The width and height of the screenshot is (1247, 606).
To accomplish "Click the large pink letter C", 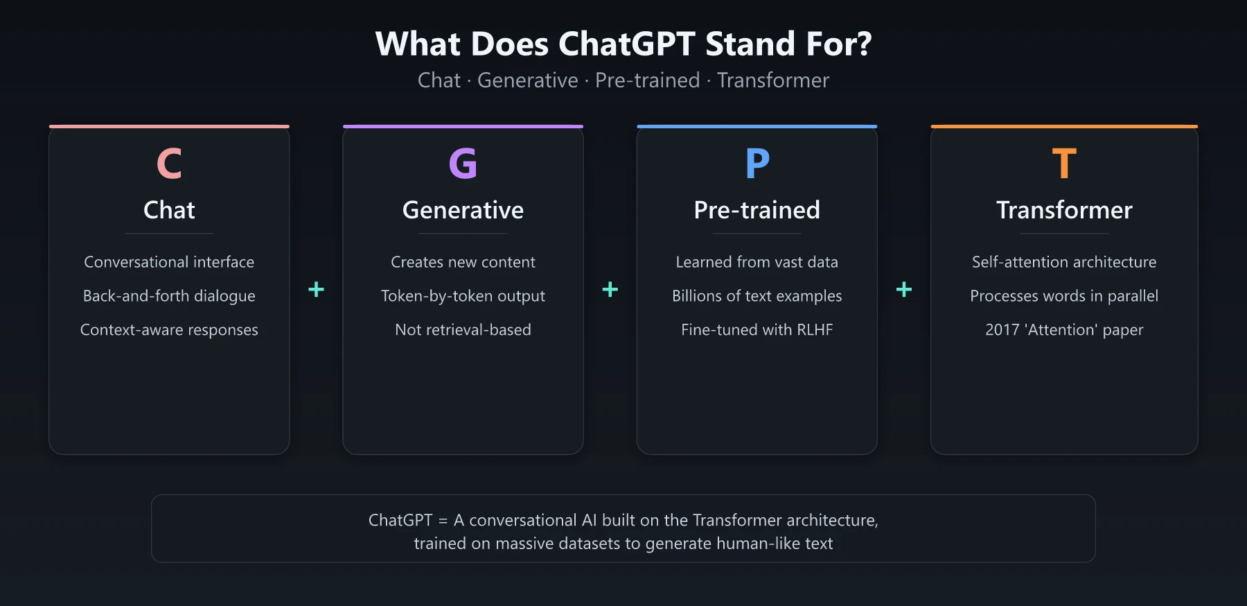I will pos(169,164).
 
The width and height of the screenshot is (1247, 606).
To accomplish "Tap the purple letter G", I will pos(463,164).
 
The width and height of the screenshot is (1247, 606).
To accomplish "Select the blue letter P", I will pos(757,164).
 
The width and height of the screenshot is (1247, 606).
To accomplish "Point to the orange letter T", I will pos(1064,164).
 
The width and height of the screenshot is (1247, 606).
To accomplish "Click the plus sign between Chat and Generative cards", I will pos(316,289).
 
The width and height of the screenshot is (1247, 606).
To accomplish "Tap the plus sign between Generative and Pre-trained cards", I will pos(610,289).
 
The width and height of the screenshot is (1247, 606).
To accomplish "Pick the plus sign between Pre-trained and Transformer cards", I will pos(903,289).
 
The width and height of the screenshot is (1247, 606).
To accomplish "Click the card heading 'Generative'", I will pos(463,210).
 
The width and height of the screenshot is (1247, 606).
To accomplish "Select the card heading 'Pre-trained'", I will pos(757,210).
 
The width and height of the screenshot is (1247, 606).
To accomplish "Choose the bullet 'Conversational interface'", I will pos(169,262).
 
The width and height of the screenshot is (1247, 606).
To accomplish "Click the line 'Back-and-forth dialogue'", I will pos(169,296).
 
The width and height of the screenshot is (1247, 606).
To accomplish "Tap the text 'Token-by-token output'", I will pos(463,296).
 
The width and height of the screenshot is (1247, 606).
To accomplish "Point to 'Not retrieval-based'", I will pos(463,330).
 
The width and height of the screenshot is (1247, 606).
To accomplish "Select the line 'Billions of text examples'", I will pos(757,296).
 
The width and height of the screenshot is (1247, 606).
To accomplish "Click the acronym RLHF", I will pos(815,330).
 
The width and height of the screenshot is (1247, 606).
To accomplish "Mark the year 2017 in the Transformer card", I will pos(1002,330).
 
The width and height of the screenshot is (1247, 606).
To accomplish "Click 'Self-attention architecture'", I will pos(1064,262).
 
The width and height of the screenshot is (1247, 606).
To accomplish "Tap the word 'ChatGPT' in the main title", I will pos(626,44).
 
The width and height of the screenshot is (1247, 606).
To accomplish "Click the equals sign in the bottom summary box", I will pos(443,521).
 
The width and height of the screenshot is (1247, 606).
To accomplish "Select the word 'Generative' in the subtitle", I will pos(527,80).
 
